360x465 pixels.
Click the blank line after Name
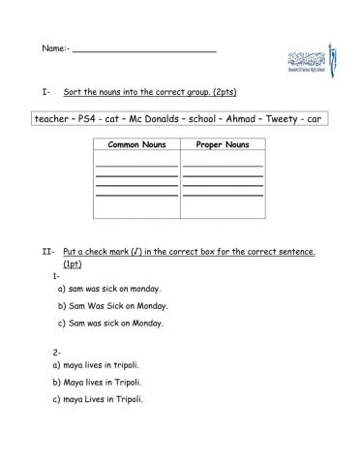pos(144,47)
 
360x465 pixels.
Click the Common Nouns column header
pos(136,144)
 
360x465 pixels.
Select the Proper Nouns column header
pos(223,144)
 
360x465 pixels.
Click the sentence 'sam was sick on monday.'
pos(114,289)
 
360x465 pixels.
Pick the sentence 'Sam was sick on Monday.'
pos(116,323)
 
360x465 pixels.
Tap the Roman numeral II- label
pos(48,252)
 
